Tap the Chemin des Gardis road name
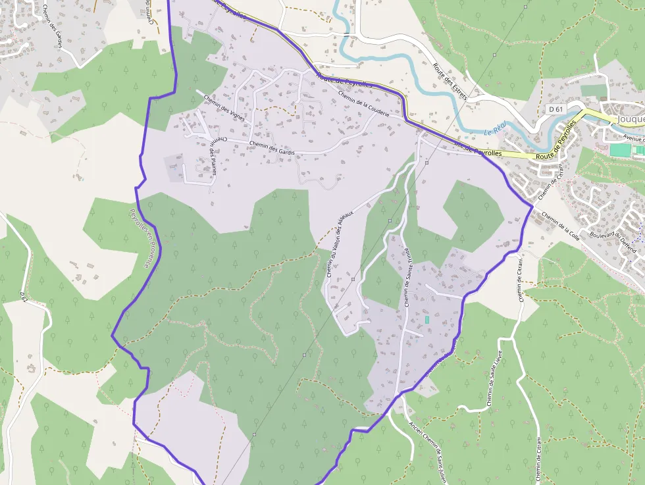pyautogui.click(x=272, y=148)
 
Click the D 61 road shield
pyautogui.click(x=556, y=109)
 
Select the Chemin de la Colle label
pyautogui.click(x=559, y=226)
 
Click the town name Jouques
pyautogui.click(x=630, y=119)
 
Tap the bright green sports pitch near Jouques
pyautogui.click(x=619, y=150)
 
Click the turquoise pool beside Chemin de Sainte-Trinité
pyautogui.click(x=426, y=319)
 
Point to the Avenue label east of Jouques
pyautogui.click(x=633, y=138)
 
